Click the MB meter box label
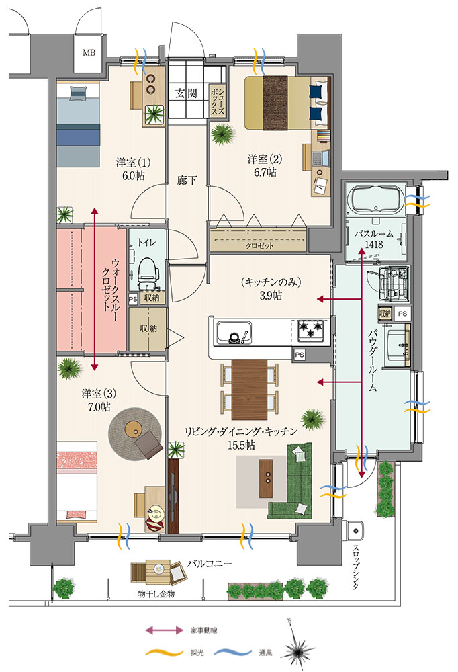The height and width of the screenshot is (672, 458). point(89,53)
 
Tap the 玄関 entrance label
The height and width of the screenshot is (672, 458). point(187,93)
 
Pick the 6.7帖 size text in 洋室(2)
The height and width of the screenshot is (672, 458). point(265,173)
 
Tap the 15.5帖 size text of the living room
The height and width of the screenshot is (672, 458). point(241,446)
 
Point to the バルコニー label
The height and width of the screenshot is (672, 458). point(210,564)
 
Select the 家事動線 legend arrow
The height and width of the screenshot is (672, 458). point(164,630)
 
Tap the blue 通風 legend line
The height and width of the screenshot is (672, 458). point(232,653)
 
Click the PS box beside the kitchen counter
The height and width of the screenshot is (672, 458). point(300,354)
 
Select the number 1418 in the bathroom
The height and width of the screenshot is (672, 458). point(373,245)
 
